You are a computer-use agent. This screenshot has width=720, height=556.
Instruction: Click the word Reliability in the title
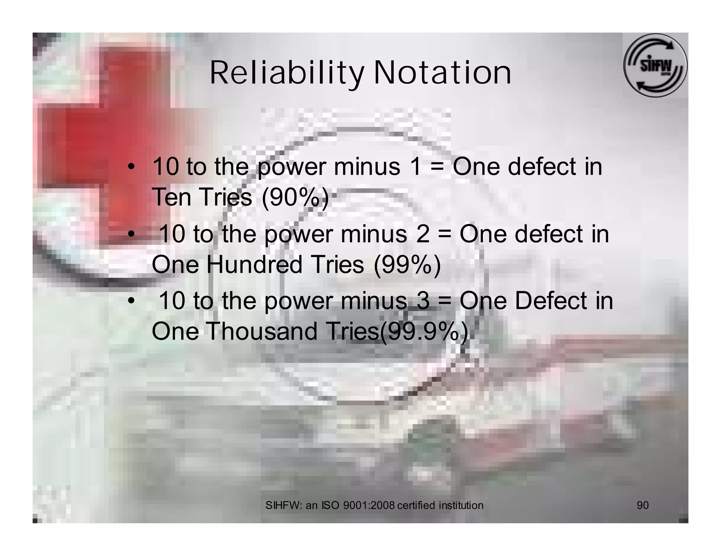point(287,73)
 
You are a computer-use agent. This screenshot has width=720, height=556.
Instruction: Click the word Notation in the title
point(442,73)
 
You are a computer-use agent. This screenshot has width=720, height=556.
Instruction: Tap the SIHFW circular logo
point(655,65)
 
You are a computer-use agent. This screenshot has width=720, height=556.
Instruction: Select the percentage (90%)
point(295,198)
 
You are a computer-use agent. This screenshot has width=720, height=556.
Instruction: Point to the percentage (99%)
point(407,265)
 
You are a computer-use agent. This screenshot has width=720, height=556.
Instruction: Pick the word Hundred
point(254,265)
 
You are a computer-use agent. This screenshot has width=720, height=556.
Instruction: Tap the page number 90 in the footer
point(643,505)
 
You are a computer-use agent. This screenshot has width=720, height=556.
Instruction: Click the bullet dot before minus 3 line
point(131,301)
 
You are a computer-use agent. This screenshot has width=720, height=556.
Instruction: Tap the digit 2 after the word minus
point(423,234)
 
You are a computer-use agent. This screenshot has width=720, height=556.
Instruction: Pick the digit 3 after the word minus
point(423,301)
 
